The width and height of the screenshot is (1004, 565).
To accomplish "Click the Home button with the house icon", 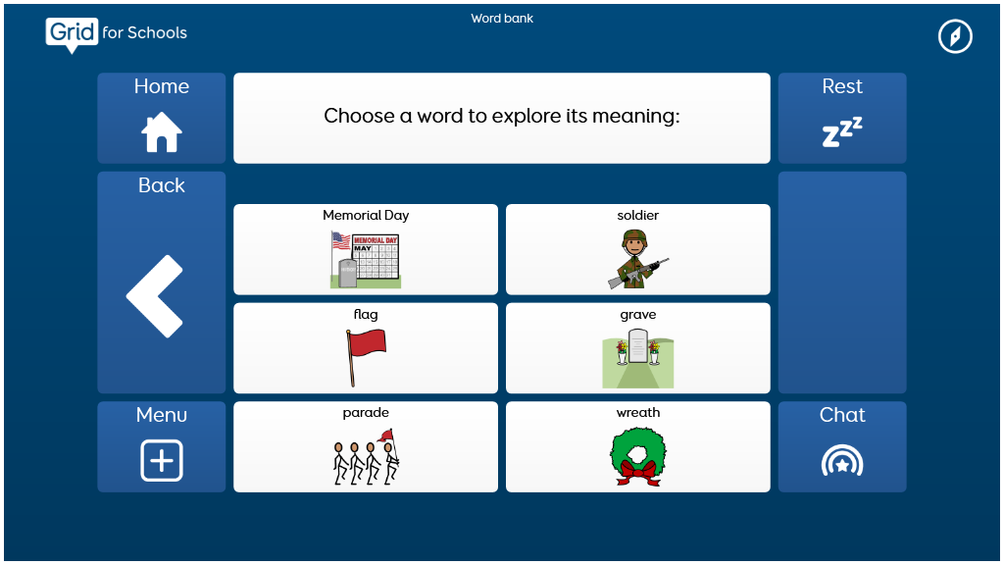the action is [x=162, y=118].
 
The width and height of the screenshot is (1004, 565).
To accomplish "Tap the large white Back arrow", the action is [x=154, y=296].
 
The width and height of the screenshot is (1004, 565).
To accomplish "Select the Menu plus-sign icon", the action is [x=162, y=460].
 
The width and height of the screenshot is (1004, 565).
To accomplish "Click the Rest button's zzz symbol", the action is [x=842, y=132].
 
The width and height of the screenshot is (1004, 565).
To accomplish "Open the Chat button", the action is [x=842, y=446].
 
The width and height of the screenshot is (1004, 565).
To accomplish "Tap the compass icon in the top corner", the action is [x=955, y=36].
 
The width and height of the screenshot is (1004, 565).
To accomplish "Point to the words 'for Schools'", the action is [x=145, y=32].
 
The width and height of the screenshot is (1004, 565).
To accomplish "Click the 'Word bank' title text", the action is [x=502, y=19].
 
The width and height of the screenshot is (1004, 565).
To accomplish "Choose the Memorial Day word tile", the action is [x=366, y=249].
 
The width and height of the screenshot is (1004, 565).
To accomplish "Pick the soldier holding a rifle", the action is [x=637, y=259].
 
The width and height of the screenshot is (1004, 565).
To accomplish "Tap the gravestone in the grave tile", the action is [x=637, y=346].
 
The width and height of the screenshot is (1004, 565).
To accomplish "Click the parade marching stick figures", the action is [x=366, y=457].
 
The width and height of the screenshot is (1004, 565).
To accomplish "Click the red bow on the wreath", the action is [x=638, y=473].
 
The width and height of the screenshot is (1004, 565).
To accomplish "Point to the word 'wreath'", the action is [x=637, y=413].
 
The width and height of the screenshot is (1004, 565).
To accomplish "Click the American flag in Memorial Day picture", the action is [x=340, y=241].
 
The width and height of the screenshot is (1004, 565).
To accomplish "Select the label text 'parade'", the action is [x=366, y=413].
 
